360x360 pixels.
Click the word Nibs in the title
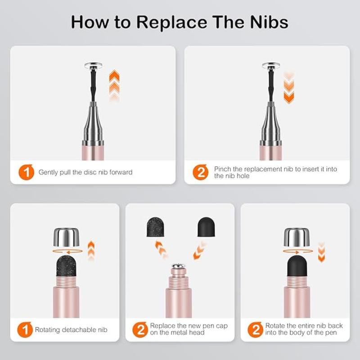(269, 22)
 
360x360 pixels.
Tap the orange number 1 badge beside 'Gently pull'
(27, 172)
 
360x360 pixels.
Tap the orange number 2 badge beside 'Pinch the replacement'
(200, 172)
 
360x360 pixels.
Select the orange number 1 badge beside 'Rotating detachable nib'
(25, 330)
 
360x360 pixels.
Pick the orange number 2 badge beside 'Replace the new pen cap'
(140, 330)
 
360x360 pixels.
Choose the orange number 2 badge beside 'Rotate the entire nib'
(256, 330)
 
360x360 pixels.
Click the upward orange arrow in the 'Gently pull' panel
(114, 85)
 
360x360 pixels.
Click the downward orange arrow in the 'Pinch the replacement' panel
(289, 87)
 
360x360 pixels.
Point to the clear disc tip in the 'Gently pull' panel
(94, 66)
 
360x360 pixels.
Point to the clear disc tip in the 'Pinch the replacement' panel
(271, 66)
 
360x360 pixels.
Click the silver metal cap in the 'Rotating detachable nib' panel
(66, 237)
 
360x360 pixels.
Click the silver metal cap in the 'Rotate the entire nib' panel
(297, 237)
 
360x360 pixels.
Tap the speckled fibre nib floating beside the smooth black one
(155, 227)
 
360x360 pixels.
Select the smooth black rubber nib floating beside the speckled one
(206, 227)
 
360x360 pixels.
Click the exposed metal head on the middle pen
(179, 266)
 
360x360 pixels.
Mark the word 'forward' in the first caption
(121, 172)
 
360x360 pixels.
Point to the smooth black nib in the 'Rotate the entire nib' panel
(297, 266)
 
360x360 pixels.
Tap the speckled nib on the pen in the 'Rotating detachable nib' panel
(66, 266)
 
